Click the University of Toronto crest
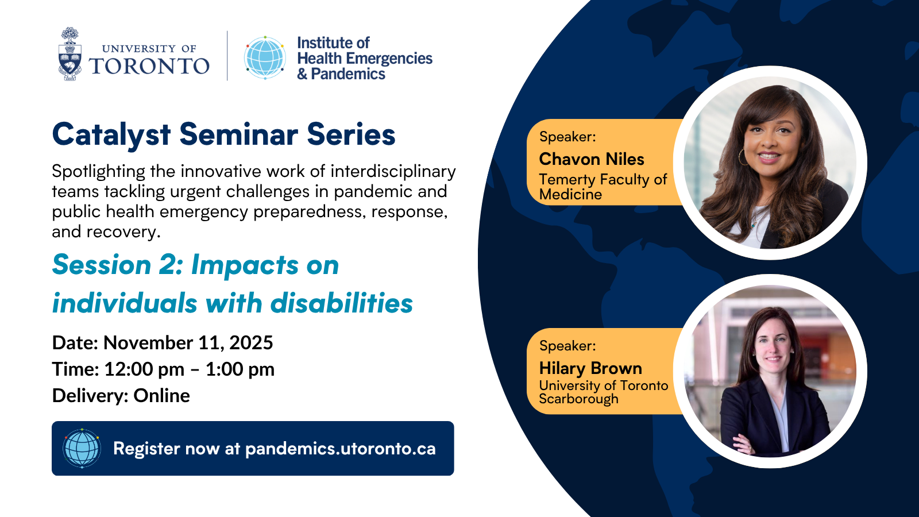click(69, 55)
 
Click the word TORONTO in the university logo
click(149, 66)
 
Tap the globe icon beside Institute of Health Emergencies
click(265, 57)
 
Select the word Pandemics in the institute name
click(348, 74)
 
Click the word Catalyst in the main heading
click(111, 135)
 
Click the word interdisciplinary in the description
click(393, 171)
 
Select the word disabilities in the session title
click(341, 303)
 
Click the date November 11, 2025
click(188, 343)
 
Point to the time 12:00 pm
click(144, 369)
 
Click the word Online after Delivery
click(161, 396)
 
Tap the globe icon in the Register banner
click(82, 448)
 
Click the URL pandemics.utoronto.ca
click(340, 449)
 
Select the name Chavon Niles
click(592, 159)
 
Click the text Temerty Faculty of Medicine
click(603, 187)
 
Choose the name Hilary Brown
click(590, 368)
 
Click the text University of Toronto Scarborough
click(603, 392)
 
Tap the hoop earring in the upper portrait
click(743, 157)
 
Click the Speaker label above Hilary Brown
click(567, 346)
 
